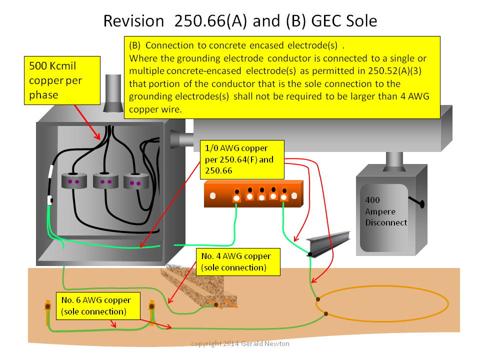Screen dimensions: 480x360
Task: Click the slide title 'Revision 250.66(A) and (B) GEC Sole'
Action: (x=240, y=21)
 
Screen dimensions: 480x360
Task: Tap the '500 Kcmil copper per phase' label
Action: (x=62, y=80)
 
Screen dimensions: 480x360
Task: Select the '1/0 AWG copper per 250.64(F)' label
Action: (x=242, y=160)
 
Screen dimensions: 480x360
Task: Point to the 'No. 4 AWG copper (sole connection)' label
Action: (x=238, y=261)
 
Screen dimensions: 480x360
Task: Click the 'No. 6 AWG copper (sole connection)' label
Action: (x=98, y=306)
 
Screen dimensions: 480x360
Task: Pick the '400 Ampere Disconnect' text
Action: (x=386, y=211)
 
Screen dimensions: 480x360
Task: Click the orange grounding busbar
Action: (x=253, y=194)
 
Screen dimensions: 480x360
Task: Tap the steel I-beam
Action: (x=328, y=243)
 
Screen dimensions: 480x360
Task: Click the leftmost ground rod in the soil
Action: (x=48, y=312)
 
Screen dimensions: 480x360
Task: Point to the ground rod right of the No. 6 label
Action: (x=152, y=312)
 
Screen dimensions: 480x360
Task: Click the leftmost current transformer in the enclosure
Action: (x=74, y=181)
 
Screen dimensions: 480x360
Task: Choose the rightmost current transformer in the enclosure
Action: (x=136, y=181)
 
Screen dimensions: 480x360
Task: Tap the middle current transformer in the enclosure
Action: (x=105, y=181)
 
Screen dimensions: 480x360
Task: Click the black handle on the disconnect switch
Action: (x=417, y=201)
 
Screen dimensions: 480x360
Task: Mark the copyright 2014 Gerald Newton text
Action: (x=240, y=344)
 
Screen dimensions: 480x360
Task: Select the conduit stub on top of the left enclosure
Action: (x=113, y=93)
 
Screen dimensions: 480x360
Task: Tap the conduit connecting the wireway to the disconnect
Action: (x=394, y=161)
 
